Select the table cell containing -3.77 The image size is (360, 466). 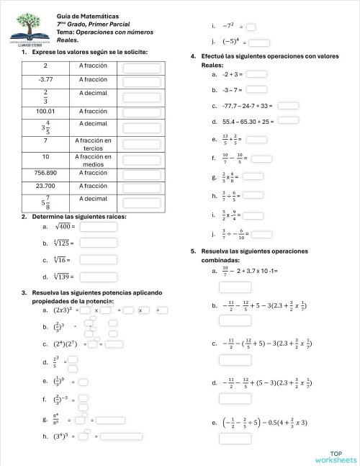45,79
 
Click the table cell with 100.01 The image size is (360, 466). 45,111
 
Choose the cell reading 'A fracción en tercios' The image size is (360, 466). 94,144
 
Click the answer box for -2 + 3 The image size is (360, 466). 257,73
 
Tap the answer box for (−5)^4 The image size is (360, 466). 259,42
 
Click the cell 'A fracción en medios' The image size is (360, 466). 94,161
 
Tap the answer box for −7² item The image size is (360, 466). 251,27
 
